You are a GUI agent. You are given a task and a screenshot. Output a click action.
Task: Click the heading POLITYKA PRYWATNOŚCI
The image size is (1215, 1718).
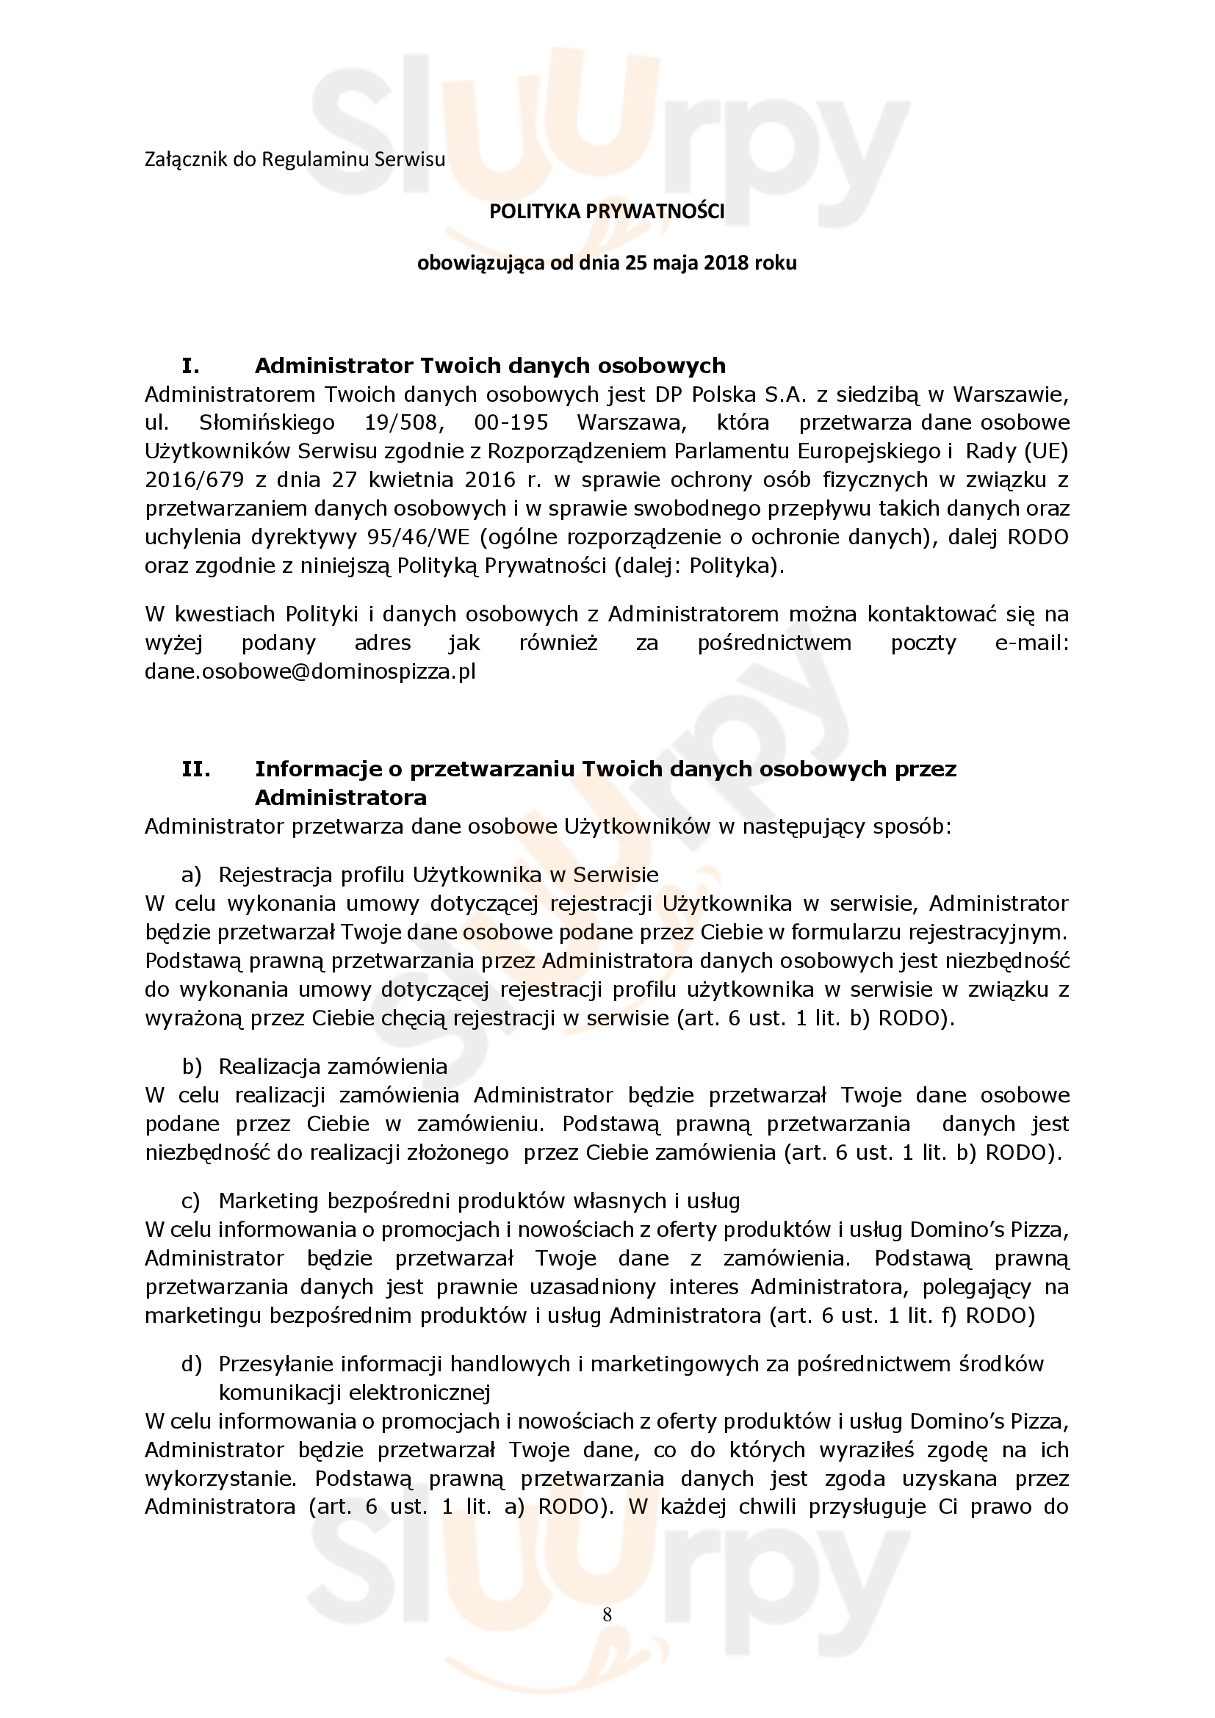click(607, 212)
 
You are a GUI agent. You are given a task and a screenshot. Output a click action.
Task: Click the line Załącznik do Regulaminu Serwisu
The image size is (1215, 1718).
click(295, 159)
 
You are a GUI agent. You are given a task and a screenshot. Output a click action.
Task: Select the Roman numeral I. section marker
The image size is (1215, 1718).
click(191, 366)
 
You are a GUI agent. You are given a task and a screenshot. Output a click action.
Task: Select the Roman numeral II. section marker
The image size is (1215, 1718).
click(195, 769)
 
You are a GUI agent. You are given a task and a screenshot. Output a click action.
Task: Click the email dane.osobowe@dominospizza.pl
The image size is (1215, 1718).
click(310, 671)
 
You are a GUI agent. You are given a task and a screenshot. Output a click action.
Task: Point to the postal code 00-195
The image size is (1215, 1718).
click(511, 423)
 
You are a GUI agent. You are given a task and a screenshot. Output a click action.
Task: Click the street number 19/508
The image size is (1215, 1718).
click(405, 423)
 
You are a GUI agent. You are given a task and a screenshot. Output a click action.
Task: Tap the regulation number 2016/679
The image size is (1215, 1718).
click(195, 480)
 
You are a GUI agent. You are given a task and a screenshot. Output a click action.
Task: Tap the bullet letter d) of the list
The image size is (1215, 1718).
click(192, 1364)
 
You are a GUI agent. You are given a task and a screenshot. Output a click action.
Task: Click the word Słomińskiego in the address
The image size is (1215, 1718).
click(267, 423)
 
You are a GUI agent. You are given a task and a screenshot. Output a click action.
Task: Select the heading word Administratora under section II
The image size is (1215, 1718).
click(340, 798)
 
